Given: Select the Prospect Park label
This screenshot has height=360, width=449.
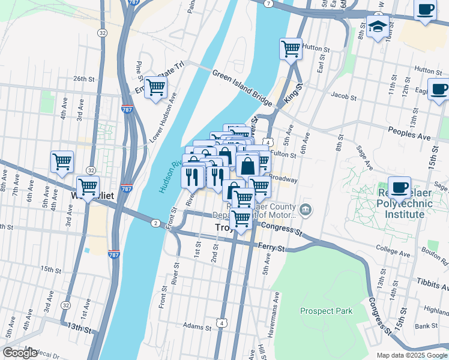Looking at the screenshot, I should tap(326, 311).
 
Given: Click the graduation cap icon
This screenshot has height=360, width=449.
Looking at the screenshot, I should tap(377, 27).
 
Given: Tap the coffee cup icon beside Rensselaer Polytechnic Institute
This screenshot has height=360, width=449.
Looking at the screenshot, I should tap(399, 187).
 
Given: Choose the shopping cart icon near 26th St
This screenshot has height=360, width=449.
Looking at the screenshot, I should tap(155, 87).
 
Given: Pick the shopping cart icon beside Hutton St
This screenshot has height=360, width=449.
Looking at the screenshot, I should tap(291, 49).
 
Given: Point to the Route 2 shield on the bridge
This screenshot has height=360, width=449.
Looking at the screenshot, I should tap(155, 223).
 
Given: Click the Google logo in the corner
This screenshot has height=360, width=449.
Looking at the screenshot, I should tap(20, 353).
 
